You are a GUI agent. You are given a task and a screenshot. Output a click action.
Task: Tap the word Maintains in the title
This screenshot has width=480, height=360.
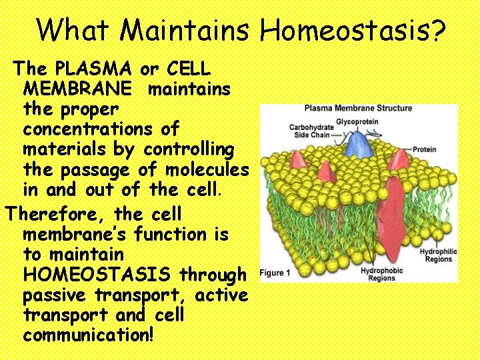185,29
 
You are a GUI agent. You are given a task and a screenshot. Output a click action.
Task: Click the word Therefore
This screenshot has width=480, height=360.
56,215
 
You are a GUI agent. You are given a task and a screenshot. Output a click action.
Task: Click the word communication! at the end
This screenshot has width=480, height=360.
88,335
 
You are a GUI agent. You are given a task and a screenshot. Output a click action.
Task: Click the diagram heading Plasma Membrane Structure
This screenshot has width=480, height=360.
358,109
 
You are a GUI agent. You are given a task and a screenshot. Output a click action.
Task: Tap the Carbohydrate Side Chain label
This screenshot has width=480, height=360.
311,131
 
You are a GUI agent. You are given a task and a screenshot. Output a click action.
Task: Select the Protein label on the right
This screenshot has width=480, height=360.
424,150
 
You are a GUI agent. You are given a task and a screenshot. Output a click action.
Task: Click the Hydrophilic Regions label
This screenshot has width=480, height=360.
437,255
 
